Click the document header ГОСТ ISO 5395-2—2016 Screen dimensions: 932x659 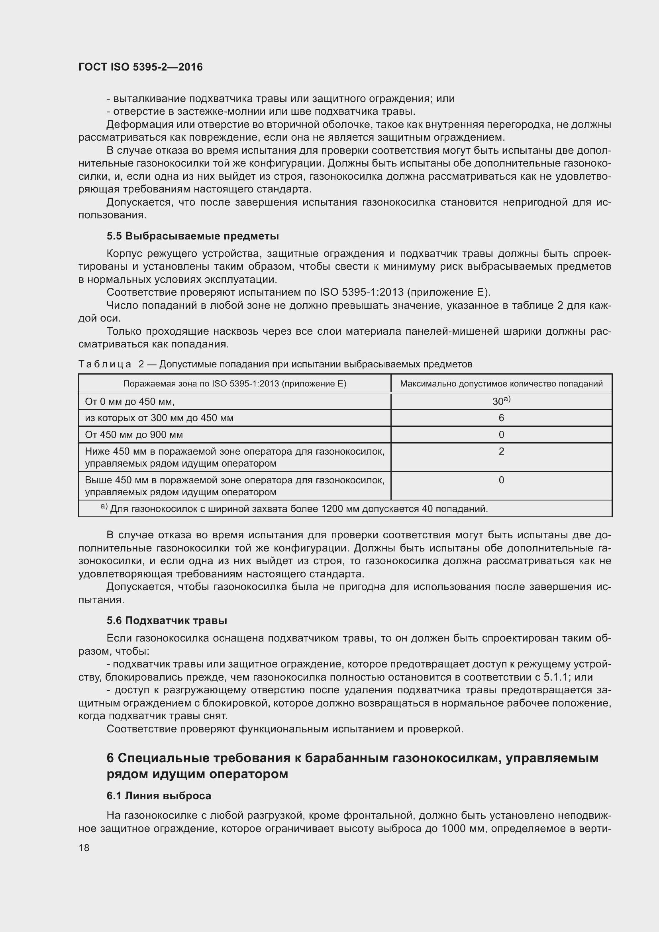point(140,67)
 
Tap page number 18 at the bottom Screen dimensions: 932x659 point(84,848)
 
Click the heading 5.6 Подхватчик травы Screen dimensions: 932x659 point(167,620)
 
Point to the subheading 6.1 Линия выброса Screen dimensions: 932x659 point(159,796)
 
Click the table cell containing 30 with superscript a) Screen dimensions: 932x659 point(501,401)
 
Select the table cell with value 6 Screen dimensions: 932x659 point(501,418)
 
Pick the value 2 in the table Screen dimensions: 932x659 point(501,451)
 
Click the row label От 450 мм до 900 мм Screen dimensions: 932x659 point(134,435)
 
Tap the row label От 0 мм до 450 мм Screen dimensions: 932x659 point(129,402)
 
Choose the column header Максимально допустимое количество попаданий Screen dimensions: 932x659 point(501,384)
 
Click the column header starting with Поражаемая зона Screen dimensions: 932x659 point(235,384)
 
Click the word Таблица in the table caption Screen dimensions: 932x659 point(105,364)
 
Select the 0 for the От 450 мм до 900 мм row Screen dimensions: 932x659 point(501,435)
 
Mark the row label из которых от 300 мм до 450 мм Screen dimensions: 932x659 point(159,418)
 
